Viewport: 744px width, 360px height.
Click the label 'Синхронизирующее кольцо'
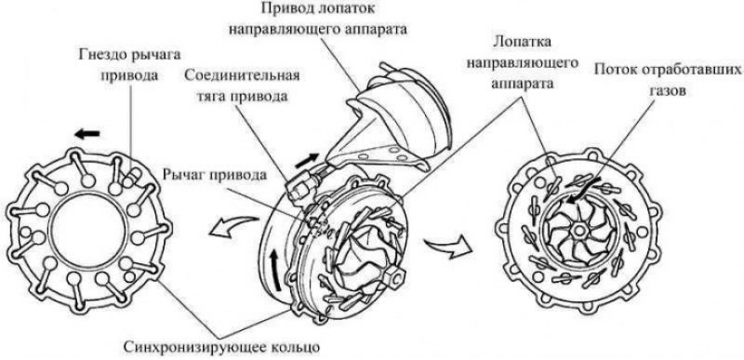[x=221, y=346]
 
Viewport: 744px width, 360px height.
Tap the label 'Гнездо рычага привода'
[x=129, y=64]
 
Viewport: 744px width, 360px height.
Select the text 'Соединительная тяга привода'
[x=242, y=86]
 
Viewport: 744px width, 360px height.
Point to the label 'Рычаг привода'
[x=213, y=175]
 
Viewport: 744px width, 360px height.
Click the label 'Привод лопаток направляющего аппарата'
[x=318, y=19]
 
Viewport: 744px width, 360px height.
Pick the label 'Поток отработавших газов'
[x=667, y=81]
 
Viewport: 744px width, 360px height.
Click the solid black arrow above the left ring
[x=86, y=133]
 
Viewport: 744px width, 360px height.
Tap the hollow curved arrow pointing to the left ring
[x=234, y=226]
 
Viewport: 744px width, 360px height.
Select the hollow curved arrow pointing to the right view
[x=449, y=247]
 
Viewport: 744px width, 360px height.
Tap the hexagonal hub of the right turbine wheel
[x=578, y=231]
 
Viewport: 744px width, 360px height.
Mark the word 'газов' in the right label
[x=667, y=90]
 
